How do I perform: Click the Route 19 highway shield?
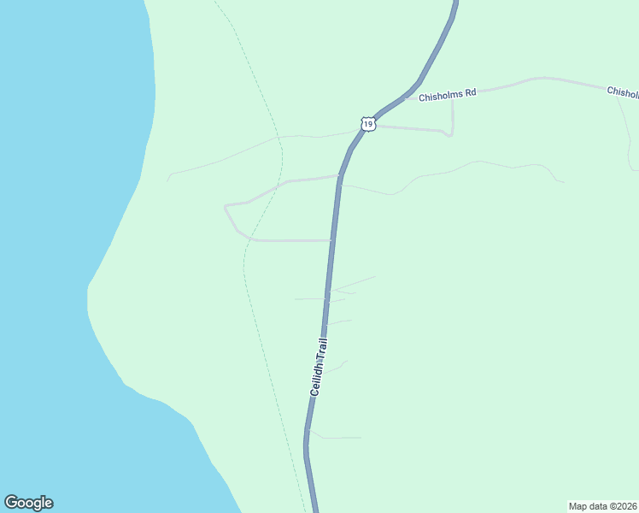[x=367, y=124]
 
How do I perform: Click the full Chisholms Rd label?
[x=447, y=95]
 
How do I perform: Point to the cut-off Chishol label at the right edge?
[x=622, y=91]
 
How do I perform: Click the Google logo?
[x=28, y=503]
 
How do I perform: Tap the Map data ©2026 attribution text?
[x=602, y=505]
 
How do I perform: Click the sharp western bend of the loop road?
[x=225, y=206]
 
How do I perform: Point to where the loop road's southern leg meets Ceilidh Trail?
[x=331, y=240]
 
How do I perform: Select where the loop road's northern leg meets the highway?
[x=340, y=176]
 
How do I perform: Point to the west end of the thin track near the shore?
[x=168, y=180]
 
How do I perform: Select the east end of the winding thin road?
[x=563, y=181]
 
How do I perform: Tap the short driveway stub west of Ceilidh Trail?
[x=308, y=298]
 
